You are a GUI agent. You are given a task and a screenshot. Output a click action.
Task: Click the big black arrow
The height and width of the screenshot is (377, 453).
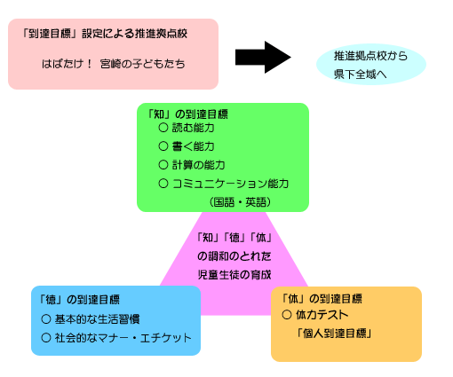[x=263, y=57]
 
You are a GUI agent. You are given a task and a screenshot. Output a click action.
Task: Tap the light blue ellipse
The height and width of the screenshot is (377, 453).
[x=371, y=65]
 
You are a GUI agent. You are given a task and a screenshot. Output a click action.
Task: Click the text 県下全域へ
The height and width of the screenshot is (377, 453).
[x=361, y=75]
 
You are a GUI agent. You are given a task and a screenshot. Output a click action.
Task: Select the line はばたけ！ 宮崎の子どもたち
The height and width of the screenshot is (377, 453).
[x=114, y=64]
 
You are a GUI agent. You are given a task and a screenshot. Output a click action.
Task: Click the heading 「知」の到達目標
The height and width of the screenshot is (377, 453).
[x=187, y=114]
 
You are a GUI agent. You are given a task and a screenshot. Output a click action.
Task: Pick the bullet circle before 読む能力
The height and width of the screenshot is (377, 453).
[x=163, y=128]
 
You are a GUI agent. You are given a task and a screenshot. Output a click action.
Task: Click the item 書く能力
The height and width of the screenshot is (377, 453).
[x=193, y=146]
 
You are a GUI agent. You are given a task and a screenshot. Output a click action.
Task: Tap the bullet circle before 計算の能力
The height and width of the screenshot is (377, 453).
[x=163, y=165]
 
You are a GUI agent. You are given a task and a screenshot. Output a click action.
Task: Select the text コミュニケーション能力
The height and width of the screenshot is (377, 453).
[x=230, y=184]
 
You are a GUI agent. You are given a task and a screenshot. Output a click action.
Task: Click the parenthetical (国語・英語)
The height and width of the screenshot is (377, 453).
[x=240, y=202]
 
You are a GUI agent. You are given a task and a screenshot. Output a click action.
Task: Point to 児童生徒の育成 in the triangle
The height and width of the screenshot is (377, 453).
[x=234, y=275]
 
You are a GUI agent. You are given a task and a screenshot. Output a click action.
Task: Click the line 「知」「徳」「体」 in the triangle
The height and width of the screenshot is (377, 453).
[x=234, y=238]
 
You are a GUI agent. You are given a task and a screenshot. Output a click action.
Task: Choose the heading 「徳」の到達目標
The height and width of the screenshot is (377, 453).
[x=79, y=300]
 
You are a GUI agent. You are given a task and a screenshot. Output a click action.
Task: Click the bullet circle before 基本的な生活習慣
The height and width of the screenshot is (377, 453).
[x=46, y=319]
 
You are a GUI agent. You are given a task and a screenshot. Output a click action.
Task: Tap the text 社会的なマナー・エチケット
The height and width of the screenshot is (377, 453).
[x=123, y=338]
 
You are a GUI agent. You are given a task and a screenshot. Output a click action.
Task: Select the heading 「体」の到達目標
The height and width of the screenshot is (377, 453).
[x=322, y=299]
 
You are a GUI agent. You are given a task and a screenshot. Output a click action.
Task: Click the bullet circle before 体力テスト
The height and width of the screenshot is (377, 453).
[x=287, y=315]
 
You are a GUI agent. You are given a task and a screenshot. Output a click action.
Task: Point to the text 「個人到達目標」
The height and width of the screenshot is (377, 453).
[x=334, y=334]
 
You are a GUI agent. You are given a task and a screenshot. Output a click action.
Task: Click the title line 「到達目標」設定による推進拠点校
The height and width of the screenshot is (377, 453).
[x=105, y=34]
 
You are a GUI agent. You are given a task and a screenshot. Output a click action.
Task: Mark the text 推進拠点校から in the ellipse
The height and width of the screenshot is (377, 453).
[x=370, y=56]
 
